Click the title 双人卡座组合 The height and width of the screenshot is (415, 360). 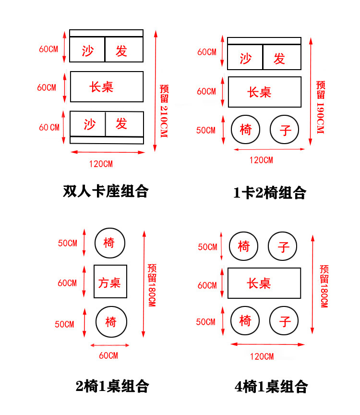point(106,191)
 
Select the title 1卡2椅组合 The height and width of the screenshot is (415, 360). point(270,193)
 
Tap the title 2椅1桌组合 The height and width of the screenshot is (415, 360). point(112,386)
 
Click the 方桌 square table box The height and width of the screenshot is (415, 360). point(110,282)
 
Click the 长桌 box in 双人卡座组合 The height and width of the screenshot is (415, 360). point(107,87)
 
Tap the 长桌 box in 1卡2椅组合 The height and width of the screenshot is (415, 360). point(264,92)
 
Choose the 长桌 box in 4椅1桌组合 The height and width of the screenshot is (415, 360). point(264,283)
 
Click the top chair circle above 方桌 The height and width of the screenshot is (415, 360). point(109,243)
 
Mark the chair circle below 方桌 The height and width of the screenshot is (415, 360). point(111,321)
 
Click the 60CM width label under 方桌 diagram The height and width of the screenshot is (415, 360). point(108,355)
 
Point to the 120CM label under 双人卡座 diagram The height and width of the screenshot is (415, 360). point(101,163)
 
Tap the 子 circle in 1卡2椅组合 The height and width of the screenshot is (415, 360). point(285,130)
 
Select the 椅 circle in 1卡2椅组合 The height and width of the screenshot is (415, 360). point(245,130)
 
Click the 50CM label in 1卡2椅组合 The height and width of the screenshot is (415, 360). point(206,130)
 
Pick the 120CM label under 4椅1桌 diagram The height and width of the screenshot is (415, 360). point(262,356)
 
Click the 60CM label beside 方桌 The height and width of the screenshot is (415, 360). point(67,283)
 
